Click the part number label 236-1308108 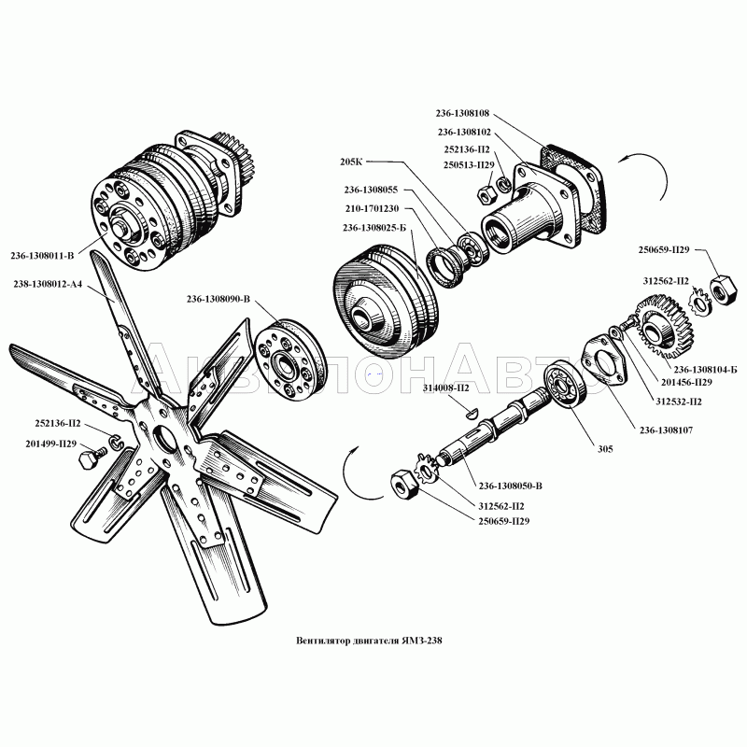[462, 113]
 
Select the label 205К [351, 162]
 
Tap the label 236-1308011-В [42, 256]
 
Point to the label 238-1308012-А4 [48, 285]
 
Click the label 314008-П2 [445, 388]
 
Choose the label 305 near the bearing [605, 449]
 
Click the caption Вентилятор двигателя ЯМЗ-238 [369, 641]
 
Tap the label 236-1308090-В [218, 299]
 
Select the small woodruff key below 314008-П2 [470, 413]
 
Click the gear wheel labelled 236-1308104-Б [663, 326]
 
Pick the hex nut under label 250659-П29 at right [724, 289]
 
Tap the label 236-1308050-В [510, 486]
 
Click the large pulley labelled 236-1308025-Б [386, 301]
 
